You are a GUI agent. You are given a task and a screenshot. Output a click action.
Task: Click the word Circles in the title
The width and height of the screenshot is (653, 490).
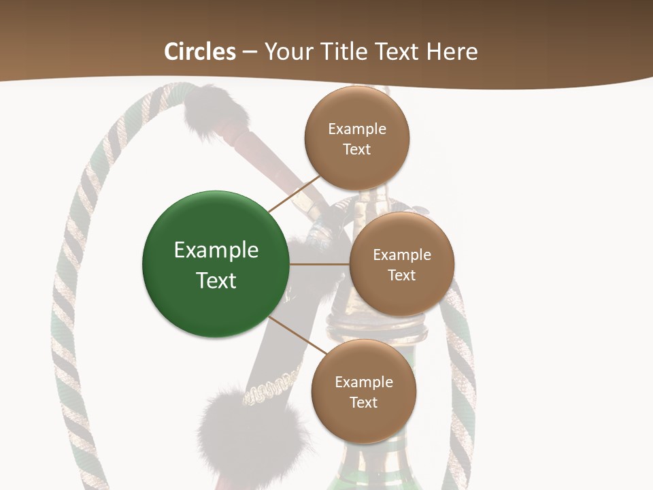point(199,52)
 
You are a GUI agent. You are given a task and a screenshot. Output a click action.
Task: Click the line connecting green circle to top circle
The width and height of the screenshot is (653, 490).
point(294,194)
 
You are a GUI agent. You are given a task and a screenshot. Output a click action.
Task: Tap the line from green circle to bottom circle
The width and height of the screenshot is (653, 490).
point(298,335)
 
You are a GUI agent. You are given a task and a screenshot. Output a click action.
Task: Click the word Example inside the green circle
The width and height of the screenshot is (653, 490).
point(216,250)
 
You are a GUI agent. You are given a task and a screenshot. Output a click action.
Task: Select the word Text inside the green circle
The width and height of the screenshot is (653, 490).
point(216,280)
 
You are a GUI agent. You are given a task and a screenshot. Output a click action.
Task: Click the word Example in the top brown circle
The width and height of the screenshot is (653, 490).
point(356,129)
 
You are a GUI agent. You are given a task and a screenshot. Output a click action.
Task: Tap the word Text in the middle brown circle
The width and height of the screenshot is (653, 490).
point(401,275)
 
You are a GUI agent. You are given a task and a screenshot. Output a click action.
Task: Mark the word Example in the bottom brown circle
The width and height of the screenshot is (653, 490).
point(363,382)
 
